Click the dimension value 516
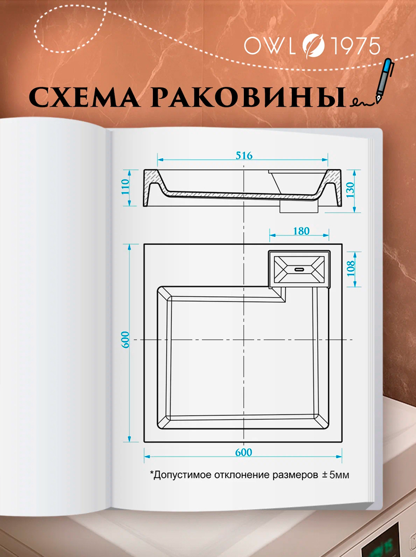pos(244,156)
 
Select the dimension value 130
pos(352,191)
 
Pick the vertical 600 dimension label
pos(125,340)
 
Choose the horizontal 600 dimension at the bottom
pos(242,452)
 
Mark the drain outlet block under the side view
pos(298,206)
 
